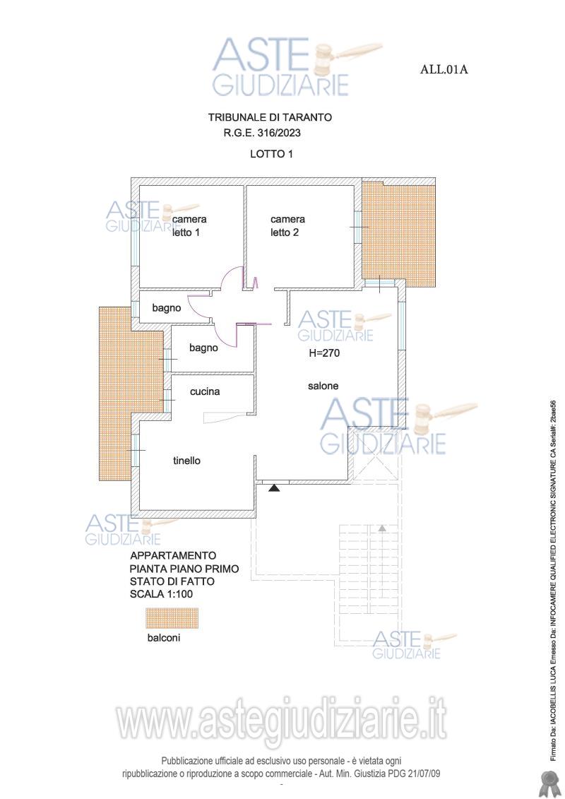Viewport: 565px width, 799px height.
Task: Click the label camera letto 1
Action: coord(189,226)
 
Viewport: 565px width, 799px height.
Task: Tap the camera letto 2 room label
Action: coord(288,226)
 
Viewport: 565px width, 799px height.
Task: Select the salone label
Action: coord(323,386)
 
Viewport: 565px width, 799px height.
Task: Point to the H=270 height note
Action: coord(324,353)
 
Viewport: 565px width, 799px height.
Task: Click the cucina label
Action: coord(205,391)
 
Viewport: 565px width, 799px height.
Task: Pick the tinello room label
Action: coord(186,461)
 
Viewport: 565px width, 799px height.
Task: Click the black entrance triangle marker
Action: coord(274,488)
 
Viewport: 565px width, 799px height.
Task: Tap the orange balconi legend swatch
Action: coord(171,618)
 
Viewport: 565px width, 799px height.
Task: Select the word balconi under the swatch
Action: coord(164,637)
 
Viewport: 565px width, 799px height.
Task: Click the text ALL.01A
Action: coord(444,69)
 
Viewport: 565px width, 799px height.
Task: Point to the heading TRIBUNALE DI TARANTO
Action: coord(270,117)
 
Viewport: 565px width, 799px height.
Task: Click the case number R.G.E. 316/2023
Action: coord(262,133)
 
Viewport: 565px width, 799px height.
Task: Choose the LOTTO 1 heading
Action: coord(271,153)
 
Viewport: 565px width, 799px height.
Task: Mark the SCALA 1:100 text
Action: coord(162,594)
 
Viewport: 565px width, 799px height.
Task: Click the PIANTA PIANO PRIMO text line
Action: coord(184,569)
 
